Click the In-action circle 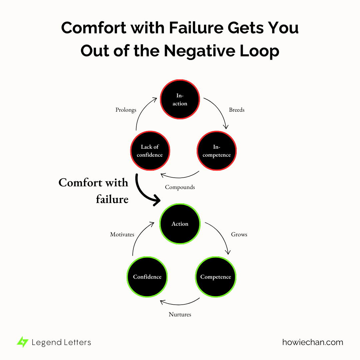click(x=180, y=99)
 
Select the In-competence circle click(x=217, y=151)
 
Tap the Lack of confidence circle click(x=150, y=151)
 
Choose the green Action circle click(x=180, y=224)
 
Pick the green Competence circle click(x=215, y=277)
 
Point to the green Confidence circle click(x=147, y=277)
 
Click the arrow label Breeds click(x=237, y=110)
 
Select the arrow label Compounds click(x=180, y=187)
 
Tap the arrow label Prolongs click(x=126, y=110)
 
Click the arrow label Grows click(x=239, y=234)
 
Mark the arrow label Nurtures click(x=180, y=314)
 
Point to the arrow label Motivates click(x=122, y=234)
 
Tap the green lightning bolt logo click(x=23, y=342)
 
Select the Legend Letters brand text click(x=61, y=342)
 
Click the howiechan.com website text click(x=312, y=342)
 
